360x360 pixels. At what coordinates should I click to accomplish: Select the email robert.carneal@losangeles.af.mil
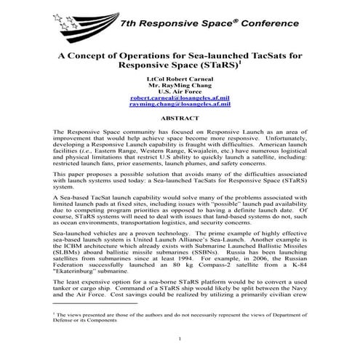pos(180,97)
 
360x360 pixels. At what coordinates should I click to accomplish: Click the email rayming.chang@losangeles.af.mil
pos(180,104)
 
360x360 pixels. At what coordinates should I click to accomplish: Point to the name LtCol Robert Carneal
pos(180,76)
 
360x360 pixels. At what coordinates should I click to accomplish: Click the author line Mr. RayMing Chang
pos(180,83)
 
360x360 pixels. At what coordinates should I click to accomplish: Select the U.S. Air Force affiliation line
pos(180,89)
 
